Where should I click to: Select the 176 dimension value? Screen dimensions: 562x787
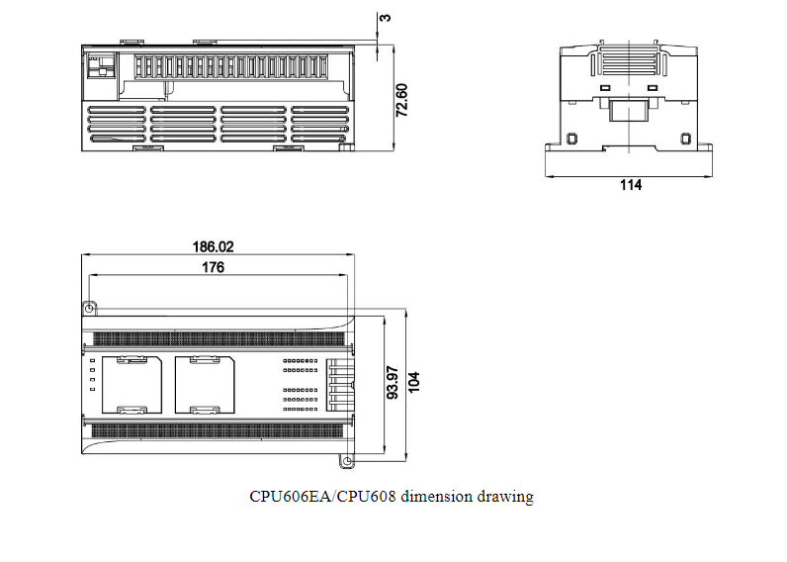(x=213, y=267)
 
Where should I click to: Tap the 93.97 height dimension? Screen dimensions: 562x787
(x=393, y=382)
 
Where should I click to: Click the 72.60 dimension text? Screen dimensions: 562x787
(x=402, y=101)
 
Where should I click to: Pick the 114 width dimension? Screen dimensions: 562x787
(x=630, y=185)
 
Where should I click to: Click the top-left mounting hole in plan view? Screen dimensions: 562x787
(x=89, y=310)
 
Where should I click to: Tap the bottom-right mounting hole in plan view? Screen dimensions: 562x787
(x=347, y=460)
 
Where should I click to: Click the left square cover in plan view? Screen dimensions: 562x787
(x=131, y=384)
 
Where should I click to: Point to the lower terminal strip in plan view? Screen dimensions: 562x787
(x=219, y=430)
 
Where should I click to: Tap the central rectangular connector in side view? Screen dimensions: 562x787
(x=629, y=109)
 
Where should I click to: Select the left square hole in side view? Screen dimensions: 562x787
(x=571, y=138)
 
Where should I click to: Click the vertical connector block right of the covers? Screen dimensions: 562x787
(x=337, y=384)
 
